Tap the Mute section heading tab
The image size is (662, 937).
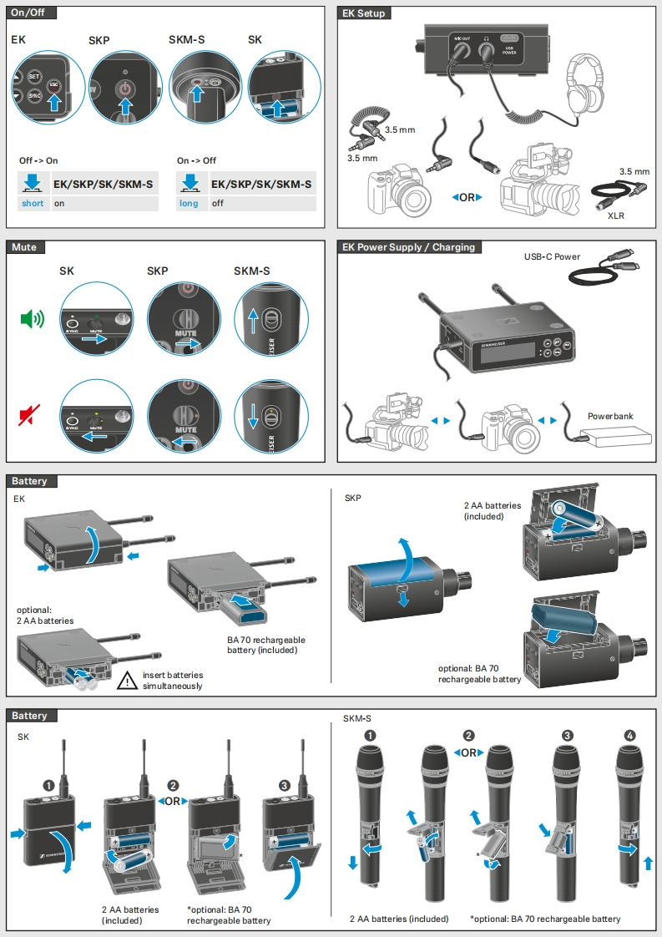coord(24,247)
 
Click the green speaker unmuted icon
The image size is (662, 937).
coord(32,318)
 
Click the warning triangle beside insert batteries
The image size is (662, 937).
coord(127,681)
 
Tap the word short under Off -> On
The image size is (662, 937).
coord(33,203)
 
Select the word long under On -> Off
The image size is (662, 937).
coord(189,203)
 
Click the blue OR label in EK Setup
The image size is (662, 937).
coord(467,198)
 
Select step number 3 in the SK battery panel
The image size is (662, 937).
coord(285,786)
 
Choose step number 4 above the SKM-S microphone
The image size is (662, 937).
coord(629,736)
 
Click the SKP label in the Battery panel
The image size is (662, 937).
coord(353,499)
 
